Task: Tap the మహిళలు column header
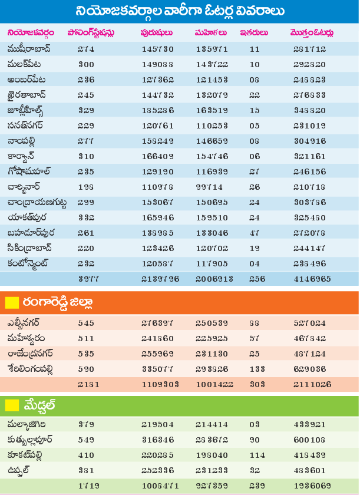[x=208, y=32]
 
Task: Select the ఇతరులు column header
[x=255, y=32]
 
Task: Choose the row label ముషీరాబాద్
[x=30, y=48]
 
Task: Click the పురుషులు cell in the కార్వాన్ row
[x=157, y=156]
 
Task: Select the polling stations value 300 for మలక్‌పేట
[x=86, y=64]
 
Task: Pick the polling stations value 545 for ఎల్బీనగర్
[x=86, y=323]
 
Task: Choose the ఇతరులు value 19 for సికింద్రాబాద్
[x=255, y=247]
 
